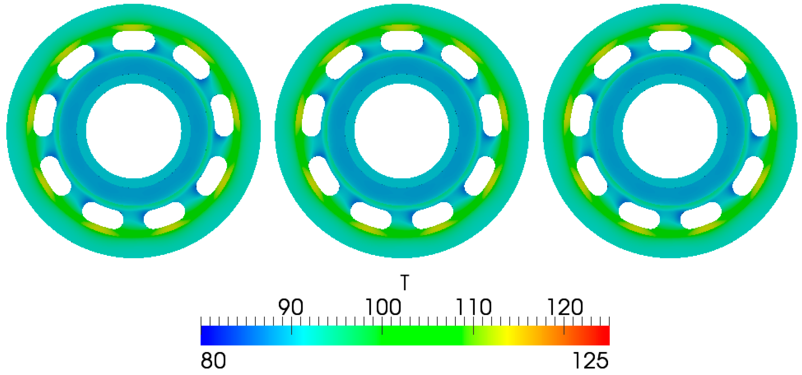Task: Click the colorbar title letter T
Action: pyautogui.click(x=404, y=282)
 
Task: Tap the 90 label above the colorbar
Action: pyautogui.click(x=291, y=307)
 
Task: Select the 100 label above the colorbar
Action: pyautogui.click(x=383, y=307)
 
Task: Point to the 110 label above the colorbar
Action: pyautogui.click(x=474, y=307)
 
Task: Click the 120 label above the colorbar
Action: pyautogui.click(x=565, y=307)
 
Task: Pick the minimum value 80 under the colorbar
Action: pyautogui.click(x=213, y=361)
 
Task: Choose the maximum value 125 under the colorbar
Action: pyautogui.click(x=590, y=361)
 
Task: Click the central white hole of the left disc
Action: pyautogui.click(x=133, y=131)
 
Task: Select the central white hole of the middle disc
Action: pyautogui.click(x=401, y=131)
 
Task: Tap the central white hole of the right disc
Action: pyautogui.click(x=670, y=131)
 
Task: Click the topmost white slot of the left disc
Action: pyautogui.click(x=133, y=41)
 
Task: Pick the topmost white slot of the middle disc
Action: pyautogui.click(x=401, y=41)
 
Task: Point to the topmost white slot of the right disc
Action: pyautogui.click(x=670, y=41)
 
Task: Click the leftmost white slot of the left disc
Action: pyautogui.click(x=45, y=115)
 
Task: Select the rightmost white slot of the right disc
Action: pyautogui.click(x=759, y=115)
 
